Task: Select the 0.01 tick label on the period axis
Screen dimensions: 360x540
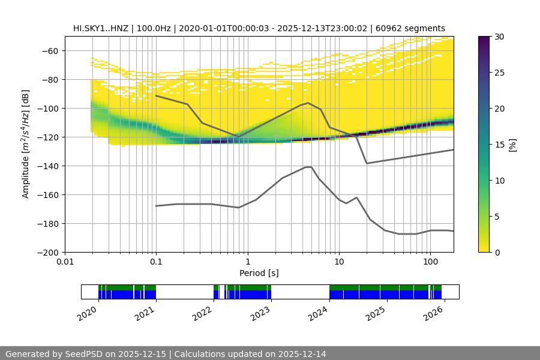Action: [x=65, y=262]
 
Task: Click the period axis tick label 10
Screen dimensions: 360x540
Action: [x=338, y=262]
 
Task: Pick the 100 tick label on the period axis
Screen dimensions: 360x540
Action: [x=430, y=262]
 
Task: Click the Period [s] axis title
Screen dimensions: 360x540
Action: [x=259, y=274]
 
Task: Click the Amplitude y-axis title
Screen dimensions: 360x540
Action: [x=26, y=144]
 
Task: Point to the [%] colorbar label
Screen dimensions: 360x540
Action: [x=512, y=145]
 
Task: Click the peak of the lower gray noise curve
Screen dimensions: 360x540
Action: [x=308, y=167]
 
